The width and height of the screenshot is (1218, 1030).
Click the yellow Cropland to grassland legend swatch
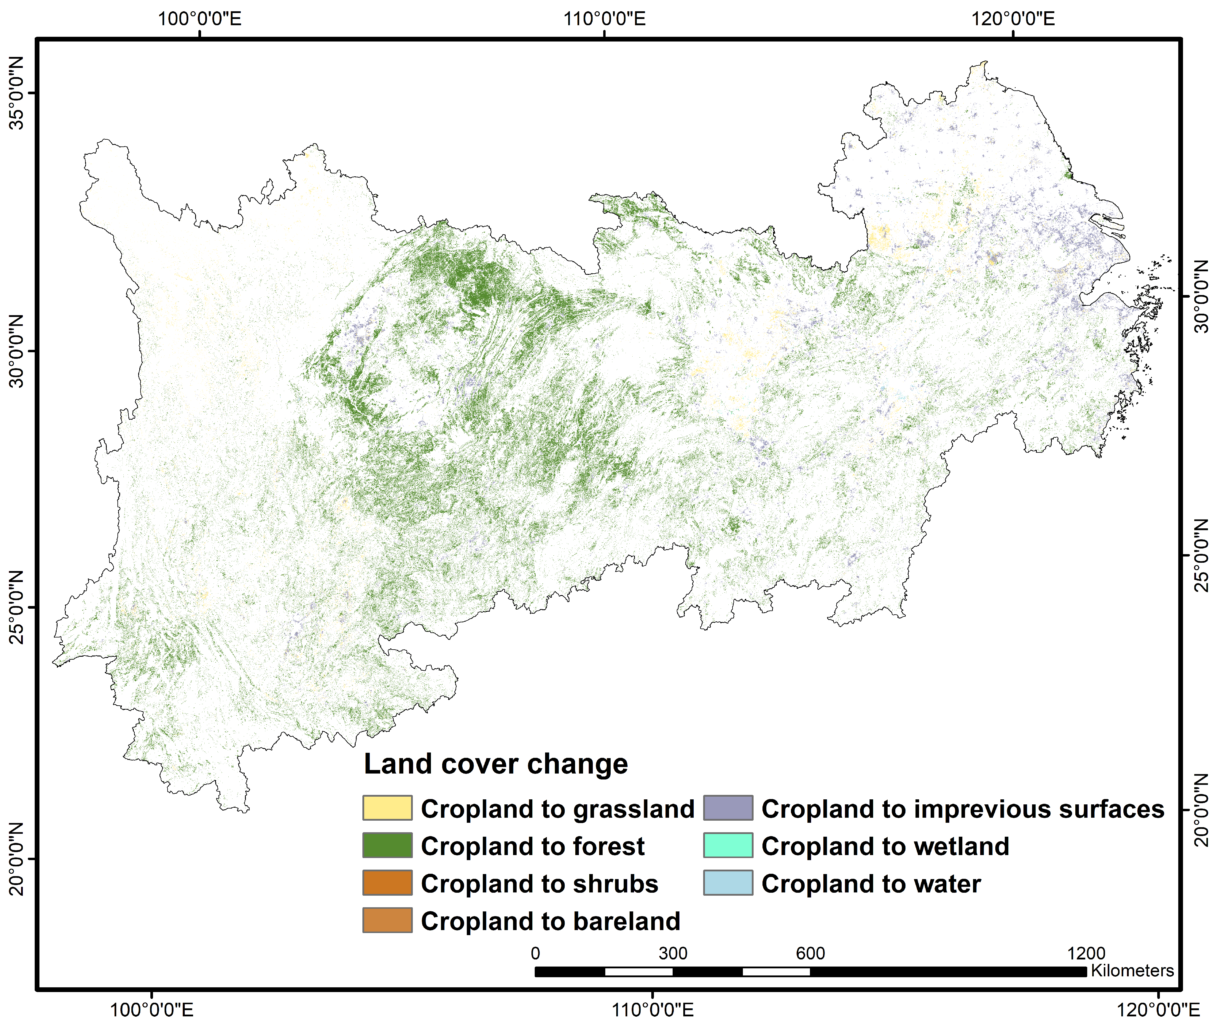(x=387, y=808)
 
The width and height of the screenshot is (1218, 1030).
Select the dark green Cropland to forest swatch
(x=387, y=846)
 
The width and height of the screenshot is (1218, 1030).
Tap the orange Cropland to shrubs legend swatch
(x=387, y=883)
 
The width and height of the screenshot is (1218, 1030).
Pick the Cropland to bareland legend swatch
(x=387, y=920)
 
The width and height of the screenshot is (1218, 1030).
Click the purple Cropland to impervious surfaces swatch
(x=728, y=808)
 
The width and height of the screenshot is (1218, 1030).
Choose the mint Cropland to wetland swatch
(x=728, y=846)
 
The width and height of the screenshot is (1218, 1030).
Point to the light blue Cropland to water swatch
(x=728, y=883)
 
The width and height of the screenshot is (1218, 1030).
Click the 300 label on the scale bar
(x=673, y=954)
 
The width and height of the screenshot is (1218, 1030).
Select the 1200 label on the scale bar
(x=1086, y=954)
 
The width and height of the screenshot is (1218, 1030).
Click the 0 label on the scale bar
(x=535, y=954)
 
